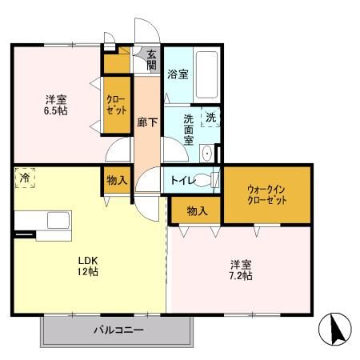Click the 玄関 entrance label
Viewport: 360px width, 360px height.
pyautogui.click(x=150, y=59)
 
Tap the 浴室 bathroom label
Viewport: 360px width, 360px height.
pyautogui.click(x=178, y=74)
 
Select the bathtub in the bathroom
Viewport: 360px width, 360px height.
pyautogui.click(x=206, y=74)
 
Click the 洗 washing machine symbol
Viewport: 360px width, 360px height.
pyautogui.click(x=210, y=116)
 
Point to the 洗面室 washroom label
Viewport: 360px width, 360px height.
pyautogui.click(x=189, y=128)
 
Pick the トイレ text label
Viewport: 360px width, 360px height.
pyautogui.click(x=179, y=180)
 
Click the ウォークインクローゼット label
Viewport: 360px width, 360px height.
pyautogui.click(x=266, y=194)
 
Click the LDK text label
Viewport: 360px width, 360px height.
pyautogui.click(x=87, y=260)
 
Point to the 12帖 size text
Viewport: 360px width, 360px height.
pyautogui.click(x=87, y=272)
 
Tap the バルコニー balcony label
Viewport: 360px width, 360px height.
pyautogui.click(x=117, y=330)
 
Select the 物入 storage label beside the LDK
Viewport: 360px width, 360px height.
pyautogui.click(x=117, y=181)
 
